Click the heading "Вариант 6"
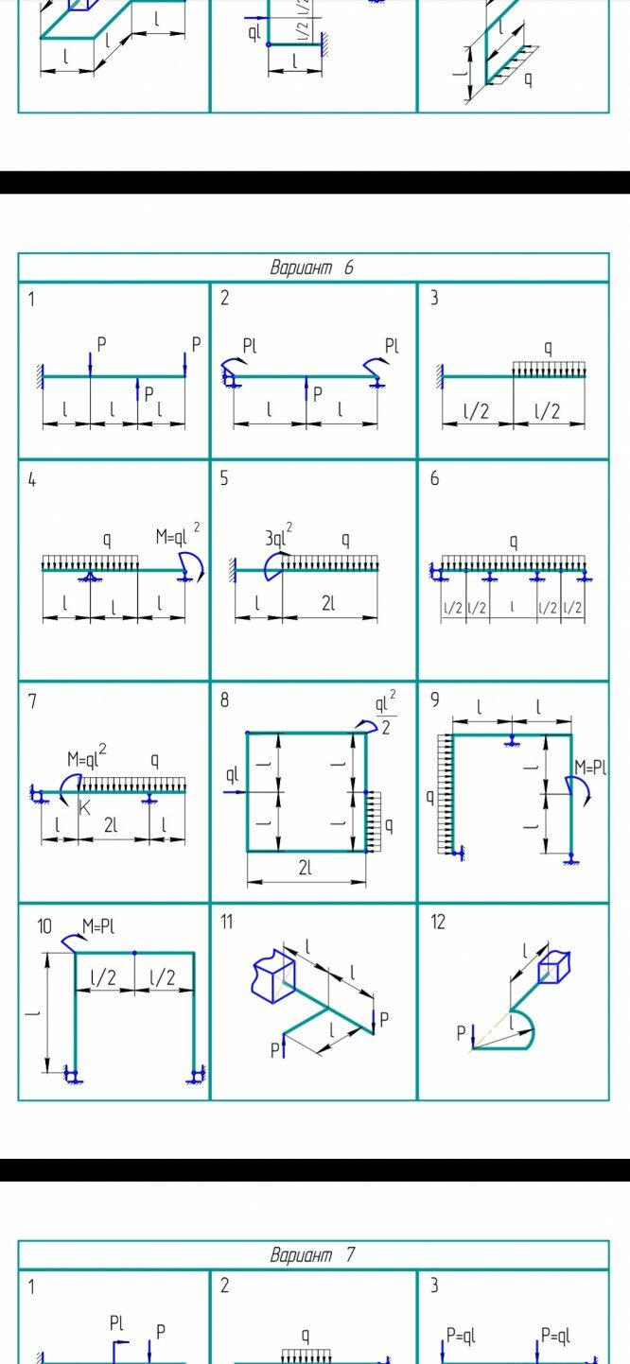click(x=312, y=268)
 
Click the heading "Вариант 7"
click(x=312, y=1255)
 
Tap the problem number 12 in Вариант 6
click(x=438, y=923)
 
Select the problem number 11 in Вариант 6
click(x=227, y=923)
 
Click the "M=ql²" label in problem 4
click(x=178, y=536)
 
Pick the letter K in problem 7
click(x=85, y=808)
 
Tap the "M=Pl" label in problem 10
click(x=97, y=926)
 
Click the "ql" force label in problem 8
click(x=233, y=776)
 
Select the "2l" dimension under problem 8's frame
click(x=305, y=869)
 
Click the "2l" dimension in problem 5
click(x=327, y=604)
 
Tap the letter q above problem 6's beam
click(x=514, y=543)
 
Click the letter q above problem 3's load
click(x=548, y=348)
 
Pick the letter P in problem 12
click(x=462, y=1033)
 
